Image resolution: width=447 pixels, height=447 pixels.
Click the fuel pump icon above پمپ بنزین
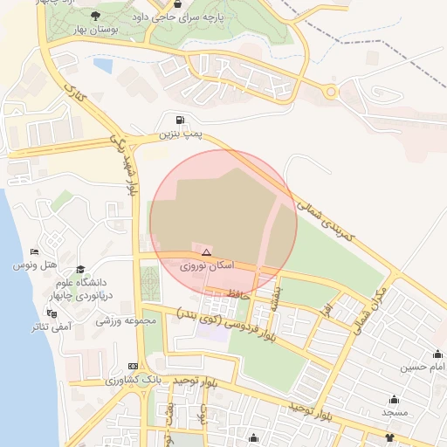pos(180,120)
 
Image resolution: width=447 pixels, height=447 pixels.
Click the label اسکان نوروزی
pos(204,265)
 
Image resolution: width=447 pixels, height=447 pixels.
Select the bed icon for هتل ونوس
pos(34,251)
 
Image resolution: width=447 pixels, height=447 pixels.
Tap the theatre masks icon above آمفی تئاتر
pos(52,313)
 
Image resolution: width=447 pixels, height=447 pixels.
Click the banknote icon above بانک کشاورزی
pos(133,366)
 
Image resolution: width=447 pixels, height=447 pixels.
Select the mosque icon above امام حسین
pos(437,354)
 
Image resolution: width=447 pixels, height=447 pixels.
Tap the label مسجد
pos(395,410)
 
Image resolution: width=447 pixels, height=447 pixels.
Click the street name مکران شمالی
pos(369,310)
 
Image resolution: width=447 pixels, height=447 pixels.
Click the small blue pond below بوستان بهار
pos(103,65)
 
